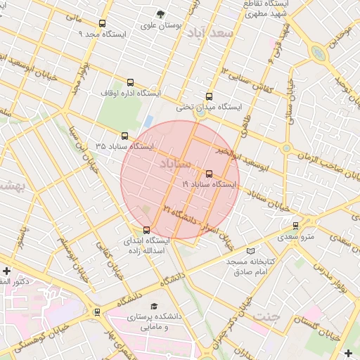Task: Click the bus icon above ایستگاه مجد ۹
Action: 103,23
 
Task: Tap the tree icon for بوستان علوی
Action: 161,14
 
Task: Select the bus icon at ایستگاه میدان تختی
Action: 209,96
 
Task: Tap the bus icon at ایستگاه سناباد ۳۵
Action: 125,136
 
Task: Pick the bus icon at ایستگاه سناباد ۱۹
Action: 209,174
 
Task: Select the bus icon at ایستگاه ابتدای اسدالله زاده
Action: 146,230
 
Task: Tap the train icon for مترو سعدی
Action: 295,226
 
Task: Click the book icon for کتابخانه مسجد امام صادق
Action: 251,251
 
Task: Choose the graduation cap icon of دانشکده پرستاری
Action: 154,306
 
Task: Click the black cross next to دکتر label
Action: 6,271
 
